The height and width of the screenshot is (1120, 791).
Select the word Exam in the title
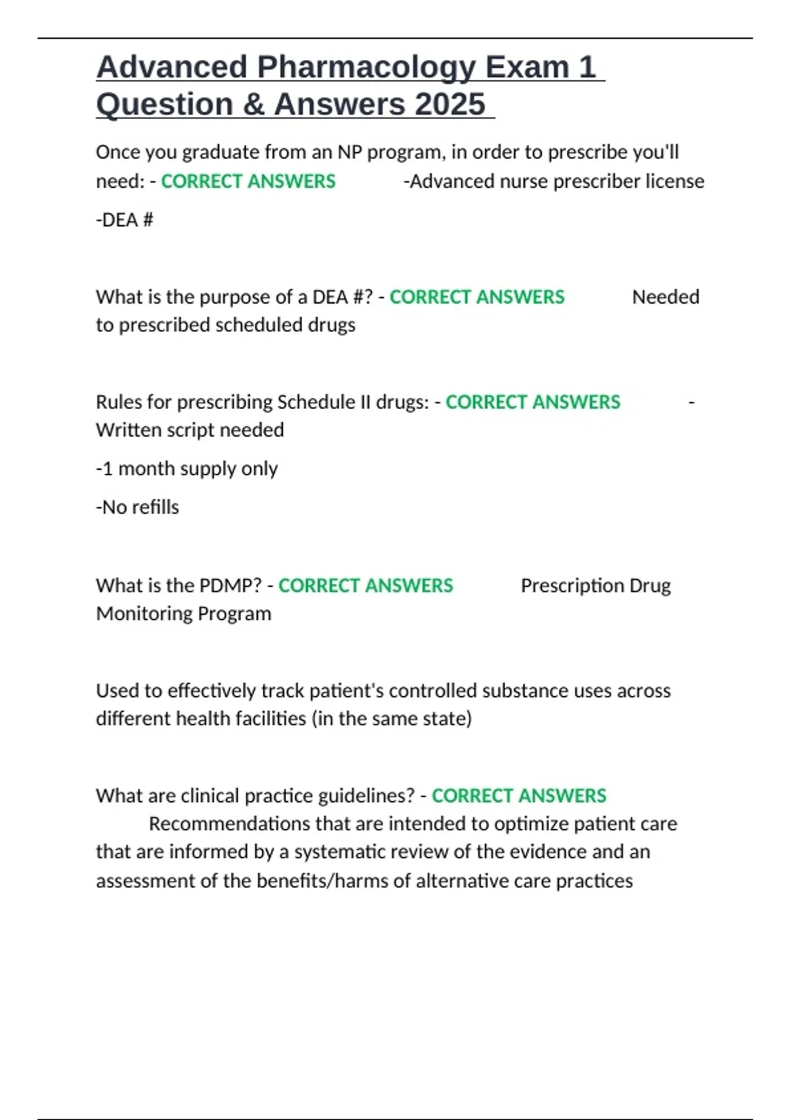coord(527,67)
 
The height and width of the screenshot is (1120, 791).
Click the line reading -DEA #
coord(125,220)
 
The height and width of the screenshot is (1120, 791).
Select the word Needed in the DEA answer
coord(666,297)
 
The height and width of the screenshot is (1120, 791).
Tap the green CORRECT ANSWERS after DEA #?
coord(477,297)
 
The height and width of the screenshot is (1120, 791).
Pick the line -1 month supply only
coord(187,468)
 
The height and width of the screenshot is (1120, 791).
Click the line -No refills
coord(137,507)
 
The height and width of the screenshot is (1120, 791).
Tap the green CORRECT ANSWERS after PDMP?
coord(365,586)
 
